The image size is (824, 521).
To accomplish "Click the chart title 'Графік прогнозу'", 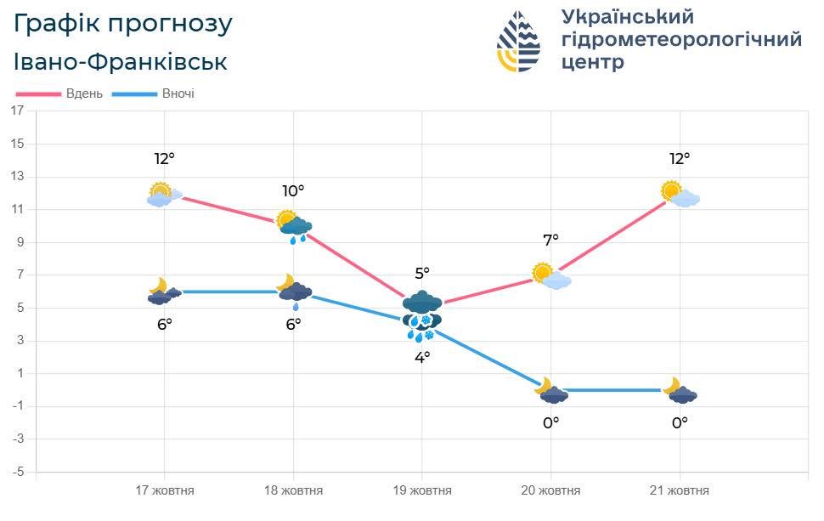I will pos(123,24).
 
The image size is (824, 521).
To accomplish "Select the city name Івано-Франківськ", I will pos(121,62).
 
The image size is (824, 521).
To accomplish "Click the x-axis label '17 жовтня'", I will pos(165,490).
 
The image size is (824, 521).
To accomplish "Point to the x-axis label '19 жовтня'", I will pos(422,490).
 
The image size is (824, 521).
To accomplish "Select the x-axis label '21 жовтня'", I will pos(680,490).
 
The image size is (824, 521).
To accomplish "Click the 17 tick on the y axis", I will pos(18,111).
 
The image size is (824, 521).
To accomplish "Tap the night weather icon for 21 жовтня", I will pos(680,391).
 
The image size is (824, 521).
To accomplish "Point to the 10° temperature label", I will pos(293,191).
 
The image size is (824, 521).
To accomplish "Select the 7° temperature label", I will pos(550,241).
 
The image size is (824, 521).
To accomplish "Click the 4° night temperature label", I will pos(422,357).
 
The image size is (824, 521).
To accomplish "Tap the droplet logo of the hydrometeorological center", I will pos(518,41).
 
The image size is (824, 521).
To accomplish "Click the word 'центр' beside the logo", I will pos(593,63).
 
